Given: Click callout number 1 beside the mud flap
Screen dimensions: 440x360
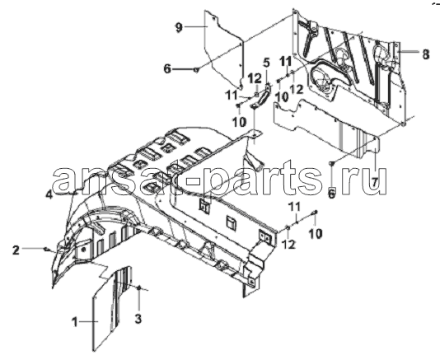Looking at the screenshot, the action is pos(75,322).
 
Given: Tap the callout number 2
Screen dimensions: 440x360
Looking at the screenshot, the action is pos(16,250).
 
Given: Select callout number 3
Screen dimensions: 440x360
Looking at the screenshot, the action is pos(138,319).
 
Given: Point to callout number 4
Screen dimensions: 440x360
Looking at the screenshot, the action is pos(49,194).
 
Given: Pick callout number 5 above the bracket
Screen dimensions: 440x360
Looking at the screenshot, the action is pos(266,63).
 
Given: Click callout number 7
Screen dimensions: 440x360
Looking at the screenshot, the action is pos(376,182).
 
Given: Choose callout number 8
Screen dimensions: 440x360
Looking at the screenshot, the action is pos(426,54).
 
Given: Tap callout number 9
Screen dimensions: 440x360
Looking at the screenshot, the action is pos(179,27).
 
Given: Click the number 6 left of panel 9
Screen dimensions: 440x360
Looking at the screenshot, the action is pos(167,68).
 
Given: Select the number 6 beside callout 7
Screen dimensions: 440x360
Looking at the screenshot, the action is pos(331,194).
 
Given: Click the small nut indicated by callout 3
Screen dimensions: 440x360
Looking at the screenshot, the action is pos(139,288).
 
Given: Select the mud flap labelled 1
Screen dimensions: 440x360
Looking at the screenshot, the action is pos(111,309).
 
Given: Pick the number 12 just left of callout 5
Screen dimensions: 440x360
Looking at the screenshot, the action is pos(255,78).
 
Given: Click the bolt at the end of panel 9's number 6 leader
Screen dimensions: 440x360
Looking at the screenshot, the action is pos(196,69).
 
